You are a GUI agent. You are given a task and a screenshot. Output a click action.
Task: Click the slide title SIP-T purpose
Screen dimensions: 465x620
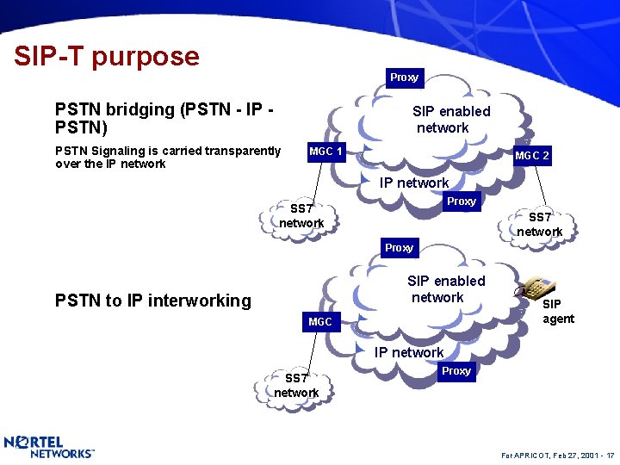pos(107,57)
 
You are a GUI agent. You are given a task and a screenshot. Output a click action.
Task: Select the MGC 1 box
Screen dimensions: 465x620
pos(326,152)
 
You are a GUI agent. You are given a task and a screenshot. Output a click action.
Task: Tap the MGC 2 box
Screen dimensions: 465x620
pos(532,156)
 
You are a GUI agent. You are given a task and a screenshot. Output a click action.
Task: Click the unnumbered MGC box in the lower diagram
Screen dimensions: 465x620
pos(320,322)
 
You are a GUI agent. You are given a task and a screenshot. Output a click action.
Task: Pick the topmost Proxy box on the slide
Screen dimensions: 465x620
pos(404,77)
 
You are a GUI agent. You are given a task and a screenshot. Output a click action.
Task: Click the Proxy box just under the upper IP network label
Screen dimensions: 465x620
pos(461,201)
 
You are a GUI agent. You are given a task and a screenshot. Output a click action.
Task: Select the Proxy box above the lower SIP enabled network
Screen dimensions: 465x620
pos(399,248)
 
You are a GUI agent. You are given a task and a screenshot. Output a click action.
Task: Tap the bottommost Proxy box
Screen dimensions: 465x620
pos(456,371)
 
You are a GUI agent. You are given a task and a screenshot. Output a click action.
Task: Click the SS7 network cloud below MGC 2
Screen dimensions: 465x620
pos(540,225)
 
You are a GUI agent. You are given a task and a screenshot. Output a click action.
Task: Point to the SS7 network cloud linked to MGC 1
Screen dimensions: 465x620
pos(301,216)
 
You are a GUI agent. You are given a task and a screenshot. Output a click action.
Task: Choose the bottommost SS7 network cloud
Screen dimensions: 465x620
pos(296,386)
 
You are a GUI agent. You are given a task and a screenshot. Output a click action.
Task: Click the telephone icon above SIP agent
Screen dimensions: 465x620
pos(540,286)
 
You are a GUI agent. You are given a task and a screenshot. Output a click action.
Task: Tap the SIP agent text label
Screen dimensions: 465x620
pos(557,312)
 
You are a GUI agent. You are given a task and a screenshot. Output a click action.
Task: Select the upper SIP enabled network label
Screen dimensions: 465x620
pos(450,120)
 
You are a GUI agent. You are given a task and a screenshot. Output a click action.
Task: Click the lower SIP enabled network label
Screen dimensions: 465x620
pos(445,289)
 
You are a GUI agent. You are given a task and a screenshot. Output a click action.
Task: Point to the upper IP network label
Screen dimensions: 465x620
pos(414,183)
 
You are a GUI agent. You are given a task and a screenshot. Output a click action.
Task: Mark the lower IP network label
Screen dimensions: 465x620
pos(409,352)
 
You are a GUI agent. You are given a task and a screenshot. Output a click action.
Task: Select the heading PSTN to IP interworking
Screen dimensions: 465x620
pos(152,301)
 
